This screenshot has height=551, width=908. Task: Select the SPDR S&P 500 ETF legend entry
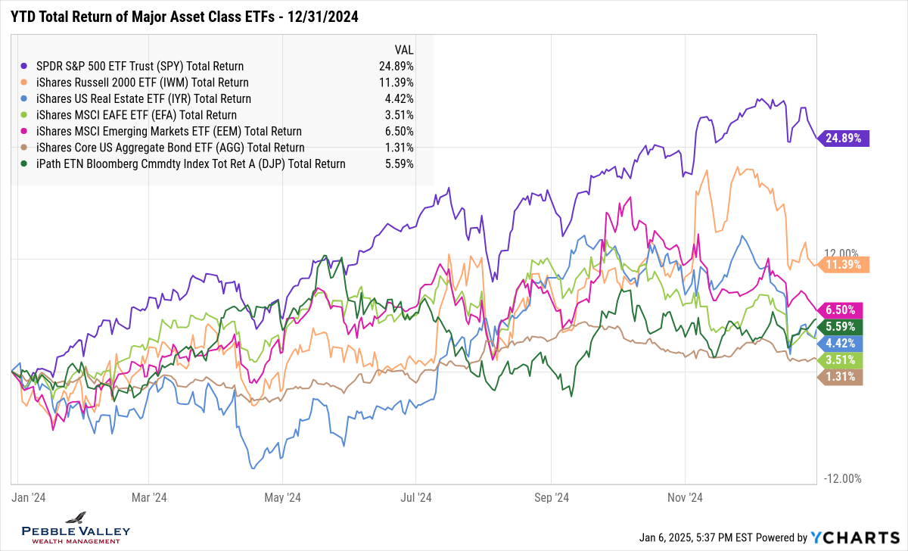141,66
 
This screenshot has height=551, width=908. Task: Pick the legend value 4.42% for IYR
398,98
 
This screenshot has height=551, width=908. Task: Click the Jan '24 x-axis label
29,497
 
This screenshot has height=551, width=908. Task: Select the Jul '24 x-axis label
415,497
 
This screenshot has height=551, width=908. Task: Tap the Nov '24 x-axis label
686,497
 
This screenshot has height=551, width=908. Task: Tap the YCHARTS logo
855,537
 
